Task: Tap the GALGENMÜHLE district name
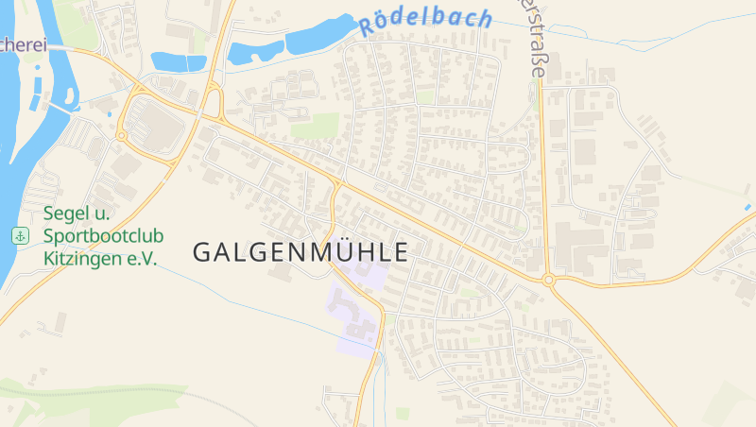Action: pyautogui.click(x=301, y=252)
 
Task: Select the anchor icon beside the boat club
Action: pyautogui.click(x=20, y=235)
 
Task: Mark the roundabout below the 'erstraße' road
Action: pyautogui.click(x=548, y=280)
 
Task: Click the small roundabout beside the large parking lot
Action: pyautogui.click(x=122, y=136)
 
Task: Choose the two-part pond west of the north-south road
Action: pyautogui.click(x=179, y=62)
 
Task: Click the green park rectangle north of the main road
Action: pyautogui.click(x=317, y=126)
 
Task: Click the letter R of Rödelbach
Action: pyautogui.click(x=368, y=26)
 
